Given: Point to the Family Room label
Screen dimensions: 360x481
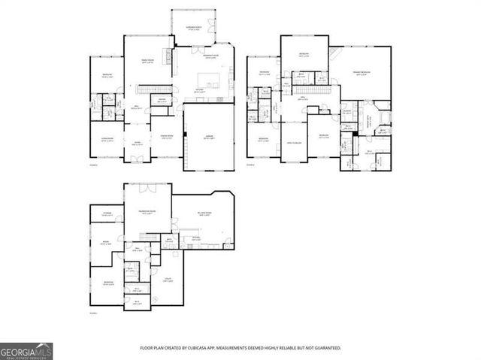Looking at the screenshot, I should pyautogui.click(x=148, y=62).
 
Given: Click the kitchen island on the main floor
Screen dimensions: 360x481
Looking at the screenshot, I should pyautogui.click(x=210, y=79).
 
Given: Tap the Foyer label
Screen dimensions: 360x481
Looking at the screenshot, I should pyautogui.click(x=138, y=143).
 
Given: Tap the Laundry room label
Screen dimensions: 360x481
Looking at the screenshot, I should pyautogui.click(x=348, y=112).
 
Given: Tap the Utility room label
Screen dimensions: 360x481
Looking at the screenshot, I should pyautogui.click(x=168, y=280).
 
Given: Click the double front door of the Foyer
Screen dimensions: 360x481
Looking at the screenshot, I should pyautogui.click(x=138, y=158).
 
